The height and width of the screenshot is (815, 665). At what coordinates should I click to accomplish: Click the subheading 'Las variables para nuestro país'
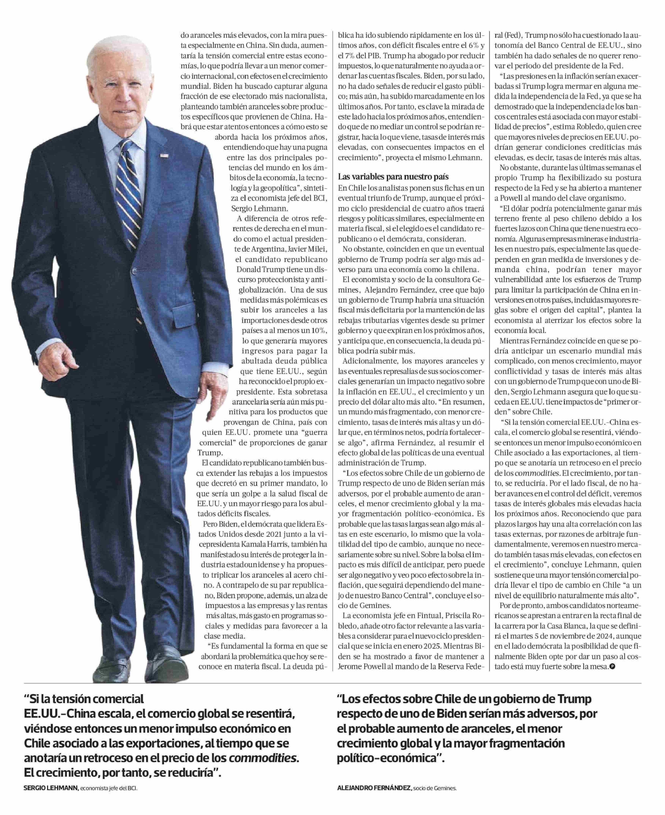393,177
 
